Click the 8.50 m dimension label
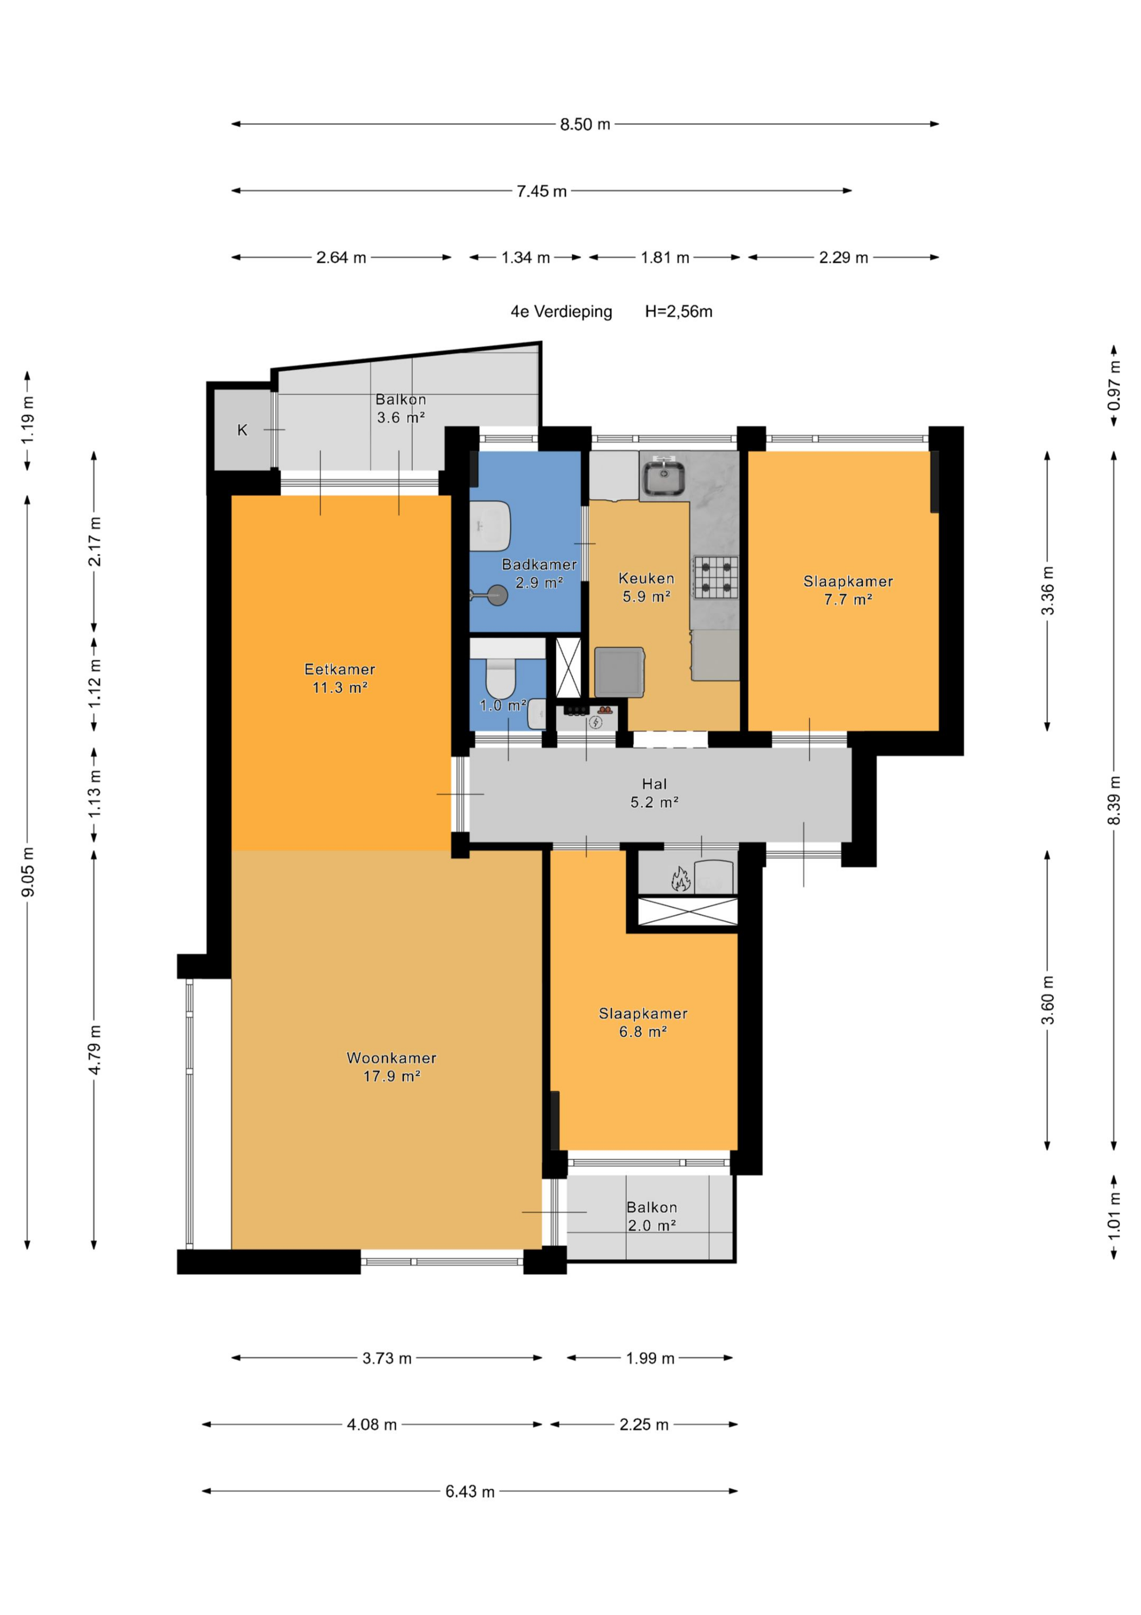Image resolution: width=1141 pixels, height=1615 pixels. [585, 124]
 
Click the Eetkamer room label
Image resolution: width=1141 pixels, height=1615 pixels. [340, 669]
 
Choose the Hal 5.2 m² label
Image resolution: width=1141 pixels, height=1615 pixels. [654, 793]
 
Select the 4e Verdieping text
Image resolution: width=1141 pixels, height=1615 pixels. [561, 312]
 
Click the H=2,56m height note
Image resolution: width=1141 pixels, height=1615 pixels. [678, 312]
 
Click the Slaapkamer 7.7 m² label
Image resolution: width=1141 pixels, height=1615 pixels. [848, 590]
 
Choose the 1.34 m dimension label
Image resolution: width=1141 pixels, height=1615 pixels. [525, 257]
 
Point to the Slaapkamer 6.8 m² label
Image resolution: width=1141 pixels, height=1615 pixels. [643, 1022]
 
